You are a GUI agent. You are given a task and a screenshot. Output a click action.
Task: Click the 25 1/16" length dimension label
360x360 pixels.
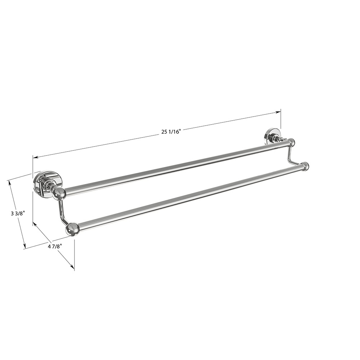coord(171,132)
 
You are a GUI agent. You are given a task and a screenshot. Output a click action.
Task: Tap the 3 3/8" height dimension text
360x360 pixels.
coord(17,213)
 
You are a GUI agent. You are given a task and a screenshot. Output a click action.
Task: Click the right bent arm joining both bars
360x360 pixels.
coord(291,156)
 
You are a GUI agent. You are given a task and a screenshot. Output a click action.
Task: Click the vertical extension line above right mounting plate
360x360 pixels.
coord(281,121)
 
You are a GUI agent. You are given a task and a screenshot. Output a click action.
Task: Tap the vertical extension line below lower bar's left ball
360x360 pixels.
coord(74,252)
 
